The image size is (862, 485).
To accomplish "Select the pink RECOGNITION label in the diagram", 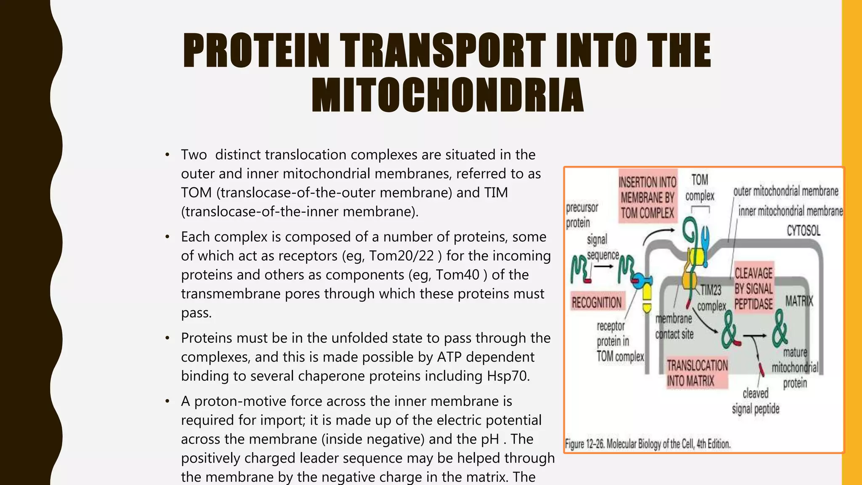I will pos(596,302).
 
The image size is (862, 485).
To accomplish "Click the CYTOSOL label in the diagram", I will pos(803,231).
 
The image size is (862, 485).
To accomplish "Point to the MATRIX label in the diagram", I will pos(799,301).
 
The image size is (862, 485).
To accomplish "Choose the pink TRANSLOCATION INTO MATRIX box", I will pos(697,373).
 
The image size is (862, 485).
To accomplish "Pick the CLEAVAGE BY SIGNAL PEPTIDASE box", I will pos(753,289).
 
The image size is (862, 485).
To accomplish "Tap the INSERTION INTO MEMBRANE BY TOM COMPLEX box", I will pos(647,197).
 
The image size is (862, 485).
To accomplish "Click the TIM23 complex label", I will pos(711,298).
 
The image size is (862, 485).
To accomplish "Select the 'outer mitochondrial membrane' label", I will pos(786,192).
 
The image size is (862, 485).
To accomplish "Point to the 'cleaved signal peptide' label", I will pos(756,401).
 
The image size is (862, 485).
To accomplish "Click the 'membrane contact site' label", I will pos(674,326).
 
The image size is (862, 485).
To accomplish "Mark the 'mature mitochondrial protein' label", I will pos(795,368).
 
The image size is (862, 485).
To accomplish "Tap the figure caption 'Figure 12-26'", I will pos(647,444).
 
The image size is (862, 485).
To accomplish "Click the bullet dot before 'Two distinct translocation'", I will pos(168,155).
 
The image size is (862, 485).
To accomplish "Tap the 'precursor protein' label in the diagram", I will pos(582,215).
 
